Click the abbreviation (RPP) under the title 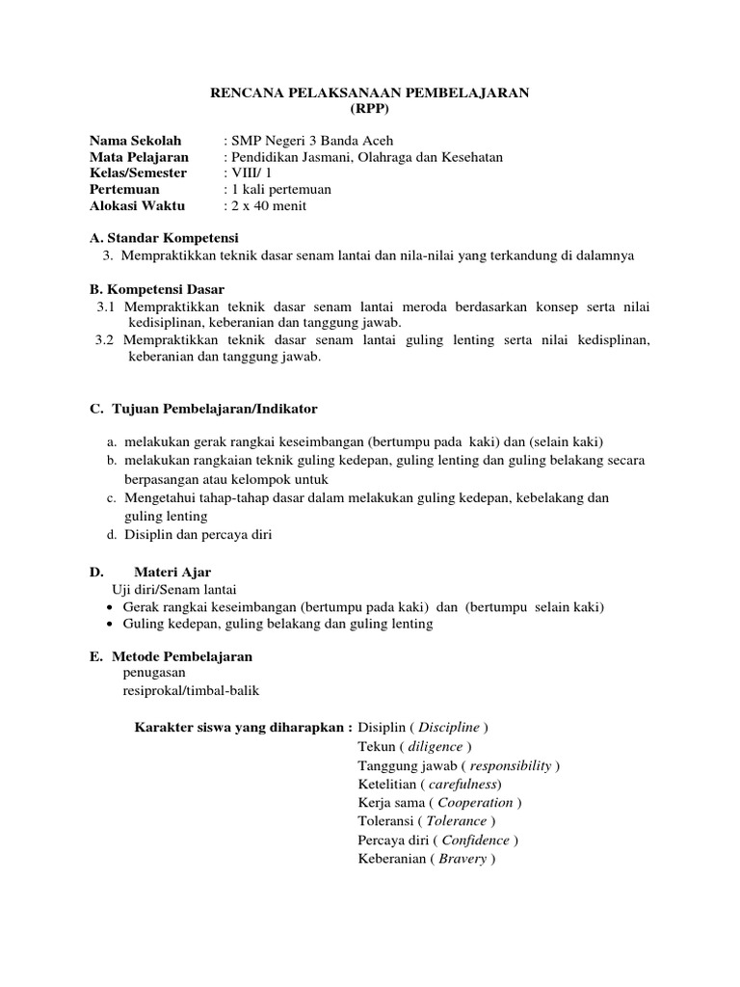tap(370, 110)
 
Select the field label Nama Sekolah tap(135, 141)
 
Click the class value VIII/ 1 tap(251, 173)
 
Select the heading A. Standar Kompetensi tap(163, 238)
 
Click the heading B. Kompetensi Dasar tap(157, 288)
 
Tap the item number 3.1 tap(106, 306)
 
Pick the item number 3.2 tap(106, 339)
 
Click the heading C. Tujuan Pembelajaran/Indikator tap(203, 410)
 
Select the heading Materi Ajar tap(172, 573)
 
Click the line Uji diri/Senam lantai tap(174, 589)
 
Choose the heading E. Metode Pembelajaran tap(171, 656)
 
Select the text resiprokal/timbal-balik tap(191, 690)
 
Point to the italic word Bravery tap(462, 859)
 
